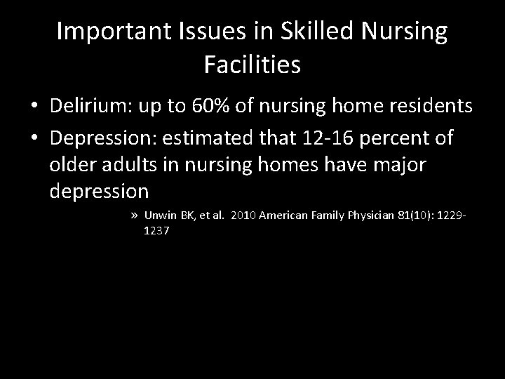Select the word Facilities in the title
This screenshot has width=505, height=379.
pyautogui.click(x=252, y=65)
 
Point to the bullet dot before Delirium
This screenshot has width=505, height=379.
pyautogui.click(x=34, y=107)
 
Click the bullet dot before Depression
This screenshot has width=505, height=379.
pyautogui.click(x=34, y=139)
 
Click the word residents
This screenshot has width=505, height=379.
pyautogui.click(x=429, y=107)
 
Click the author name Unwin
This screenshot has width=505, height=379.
pyautogui.click(x=158, y=215)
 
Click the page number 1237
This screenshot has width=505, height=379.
pyautogui.click(x=155, y=230)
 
